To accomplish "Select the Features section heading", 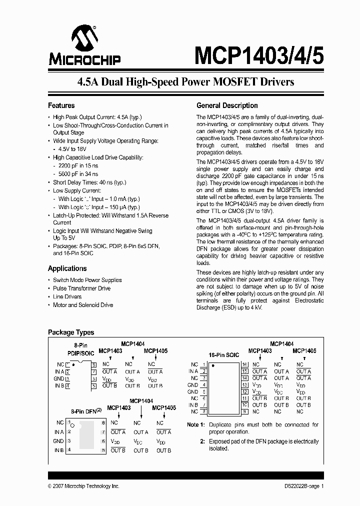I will point(61,105).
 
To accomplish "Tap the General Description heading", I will point(227,105).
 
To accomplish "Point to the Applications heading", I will point(67,268).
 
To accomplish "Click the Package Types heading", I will point(70,332).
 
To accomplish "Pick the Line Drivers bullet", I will point(67,296).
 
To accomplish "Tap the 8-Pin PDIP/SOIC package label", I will point(80,349).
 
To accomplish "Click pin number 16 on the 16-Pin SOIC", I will point(245,364).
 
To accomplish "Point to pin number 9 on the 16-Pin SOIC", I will point(245,411).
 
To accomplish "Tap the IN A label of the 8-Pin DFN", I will point(58,432).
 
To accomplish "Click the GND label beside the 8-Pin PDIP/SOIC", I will point(58,378).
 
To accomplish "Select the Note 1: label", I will point(195,424).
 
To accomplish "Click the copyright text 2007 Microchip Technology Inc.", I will point(83,486).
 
